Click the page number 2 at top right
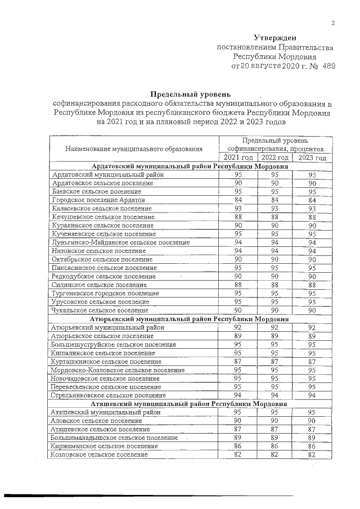(333, 23)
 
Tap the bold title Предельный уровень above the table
(190, 93)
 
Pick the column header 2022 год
(275, 157)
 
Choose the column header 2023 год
(312, 157)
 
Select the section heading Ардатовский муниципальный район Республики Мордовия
(190, 166)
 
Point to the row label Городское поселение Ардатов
(98, 200)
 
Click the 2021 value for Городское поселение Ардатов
(238, 200)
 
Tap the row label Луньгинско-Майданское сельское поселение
(120, 242)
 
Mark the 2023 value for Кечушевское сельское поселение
(312, 217)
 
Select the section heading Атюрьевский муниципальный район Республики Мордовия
(190, 318)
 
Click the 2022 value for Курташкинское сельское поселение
(275, 361)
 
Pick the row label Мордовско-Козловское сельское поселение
(118, 370)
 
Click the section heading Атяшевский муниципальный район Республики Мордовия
(190, 404)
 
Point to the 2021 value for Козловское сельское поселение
(238, 454)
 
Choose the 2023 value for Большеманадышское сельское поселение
(312, 438)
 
